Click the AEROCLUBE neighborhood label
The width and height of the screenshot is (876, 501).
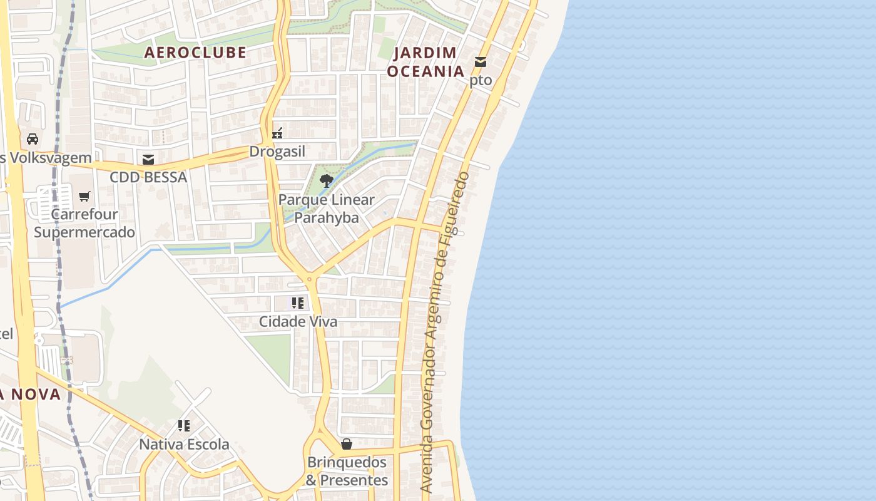(195, 53)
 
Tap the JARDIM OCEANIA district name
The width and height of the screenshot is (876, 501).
(425, 62)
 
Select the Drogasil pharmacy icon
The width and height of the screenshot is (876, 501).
(277, 133)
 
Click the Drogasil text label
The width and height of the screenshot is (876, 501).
(277, 152)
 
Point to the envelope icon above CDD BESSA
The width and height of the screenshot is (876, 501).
(148, 160)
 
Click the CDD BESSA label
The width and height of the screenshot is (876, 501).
(148, 177)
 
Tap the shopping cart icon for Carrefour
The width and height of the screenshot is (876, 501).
(84, 197)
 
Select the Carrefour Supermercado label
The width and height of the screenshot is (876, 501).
(84, 224)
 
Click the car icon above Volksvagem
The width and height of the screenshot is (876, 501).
(33, 139)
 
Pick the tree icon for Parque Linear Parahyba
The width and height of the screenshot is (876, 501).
(326, 182)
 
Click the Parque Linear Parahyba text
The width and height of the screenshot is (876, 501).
(326, 209)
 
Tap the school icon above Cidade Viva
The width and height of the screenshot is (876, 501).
(298, 304)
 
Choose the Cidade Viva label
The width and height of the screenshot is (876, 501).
(298, 322)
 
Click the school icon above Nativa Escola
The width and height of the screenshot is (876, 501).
(184, 426)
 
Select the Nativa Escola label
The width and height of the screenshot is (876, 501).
(184, 445)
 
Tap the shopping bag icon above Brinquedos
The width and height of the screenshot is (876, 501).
(347, 444)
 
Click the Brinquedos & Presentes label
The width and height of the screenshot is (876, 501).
(347, 471)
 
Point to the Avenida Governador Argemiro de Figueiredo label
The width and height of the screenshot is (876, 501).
(444, 332)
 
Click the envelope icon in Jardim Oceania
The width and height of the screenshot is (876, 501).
(481, 62)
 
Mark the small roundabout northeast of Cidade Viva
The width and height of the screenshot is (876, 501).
(308, 279)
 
